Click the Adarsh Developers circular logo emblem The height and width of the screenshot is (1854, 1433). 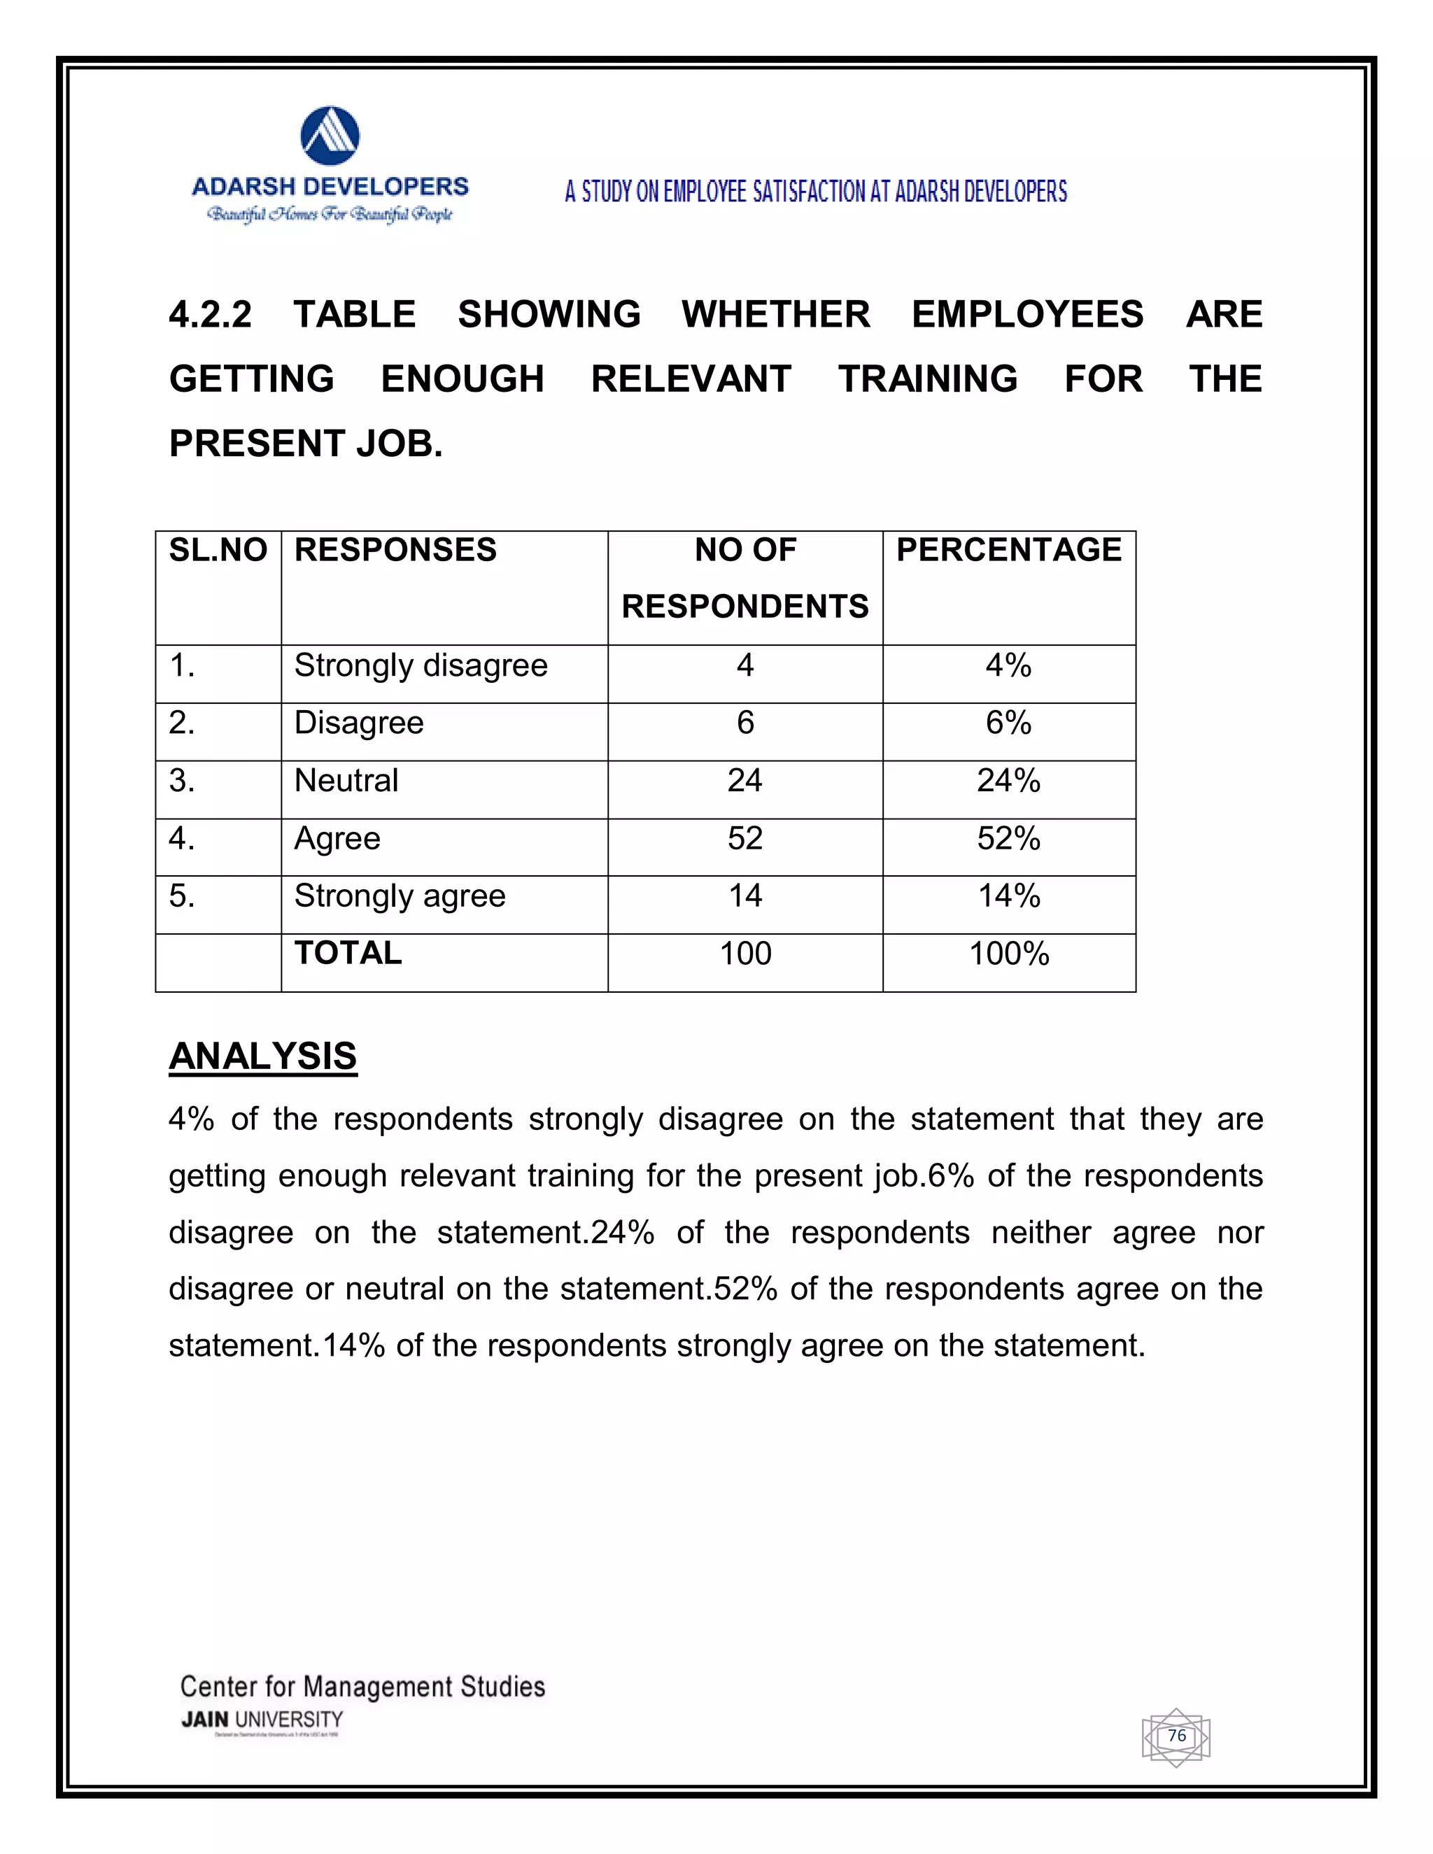pos(330,136)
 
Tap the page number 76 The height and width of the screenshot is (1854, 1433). pos(1177,1736)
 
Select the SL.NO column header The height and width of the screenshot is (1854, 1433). pos(218,550)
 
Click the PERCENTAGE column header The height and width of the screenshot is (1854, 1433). pos(1008,550)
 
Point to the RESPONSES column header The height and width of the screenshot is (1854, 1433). pos(395,550)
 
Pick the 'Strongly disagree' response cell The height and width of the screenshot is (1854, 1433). pos(421,665)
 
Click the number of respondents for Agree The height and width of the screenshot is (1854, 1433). pos(744,839)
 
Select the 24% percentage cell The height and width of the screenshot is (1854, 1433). pos(1008,781)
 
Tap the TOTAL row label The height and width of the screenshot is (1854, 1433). pos(348,954)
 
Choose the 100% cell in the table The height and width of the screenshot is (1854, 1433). pos(1008,954)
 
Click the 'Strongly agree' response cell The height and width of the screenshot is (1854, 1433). pos(400,896)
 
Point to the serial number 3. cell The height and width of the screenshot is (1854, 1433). pos(183,781)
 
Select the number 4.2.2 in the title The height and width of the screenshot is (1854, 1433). pos(211,315)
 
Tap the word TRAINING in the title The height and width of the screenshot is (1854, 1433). pos(928,379)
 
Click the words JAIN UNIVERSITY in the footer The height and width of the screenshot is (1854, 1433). pos(262,1720)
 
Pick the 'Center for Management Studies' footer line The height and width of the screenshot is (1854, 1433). pos(362,1687)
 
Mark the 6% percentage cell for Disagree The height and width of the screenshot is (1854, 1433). pos(1008,723)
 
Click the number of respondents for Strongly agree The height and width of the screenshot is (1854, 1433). pos(744,896)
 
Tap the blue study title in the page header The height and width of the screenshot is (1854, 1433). pos(816,192)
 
